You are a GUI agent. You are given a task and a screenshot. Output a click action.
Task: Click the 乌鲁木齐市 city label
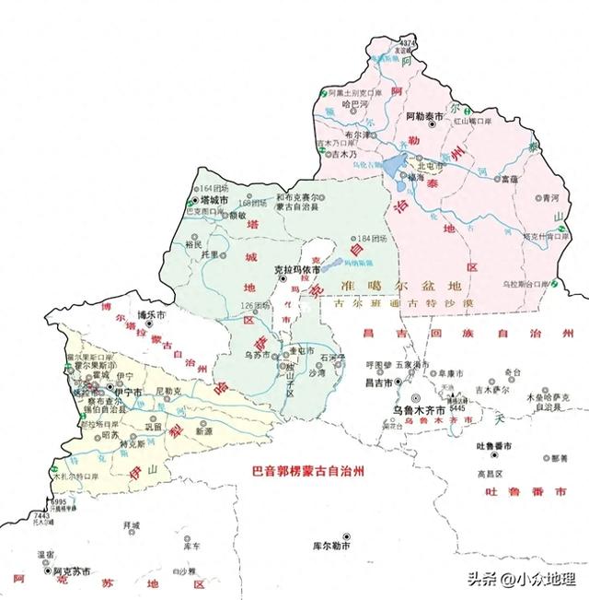412,408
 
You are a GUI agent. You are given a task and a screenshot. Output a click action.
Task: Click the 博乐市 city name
150,315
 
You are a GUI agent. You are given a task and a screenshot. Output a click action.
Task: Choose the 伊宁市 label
127,392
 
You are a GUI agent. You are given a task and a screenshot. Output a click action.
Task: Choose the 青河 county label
550,198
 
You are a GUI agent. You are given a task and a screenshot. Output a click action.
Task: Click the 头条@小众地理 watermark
521,579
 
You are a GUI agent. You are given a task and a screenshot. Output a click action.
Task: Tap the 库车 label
191,547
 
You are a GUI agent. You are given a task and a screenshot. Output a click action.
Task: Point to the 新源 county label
203,431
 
